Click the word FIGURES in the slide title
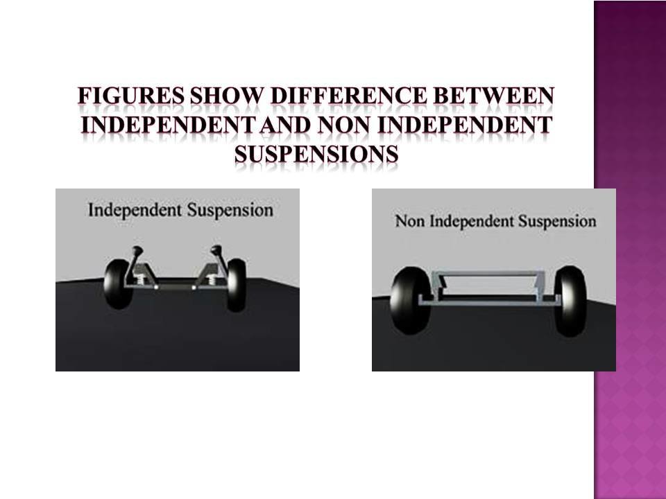[x=130, y=96]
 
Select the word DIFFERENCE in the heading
[x=348, y=96]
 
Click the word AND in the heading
[x=284, y=125]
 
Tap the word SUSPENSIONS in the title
[x=316, y=154]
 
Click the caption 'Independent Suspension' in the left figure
[x=180, y=211]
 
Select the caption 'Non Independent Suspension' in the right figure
[x=495, y=221]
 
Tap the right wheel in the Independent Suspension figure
[x=237, y=284]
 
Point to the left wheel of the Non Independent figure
[x=410, y=299]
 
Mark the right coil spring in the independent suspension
[x=210, y=279]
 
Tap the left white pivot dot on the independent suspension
[x=156, y=287]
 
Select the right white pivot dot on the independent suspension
[x=194, y=287]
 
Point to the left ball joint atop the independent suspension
[x=137, y=250]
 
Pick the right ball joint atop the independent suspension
[x=216, y=250]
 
